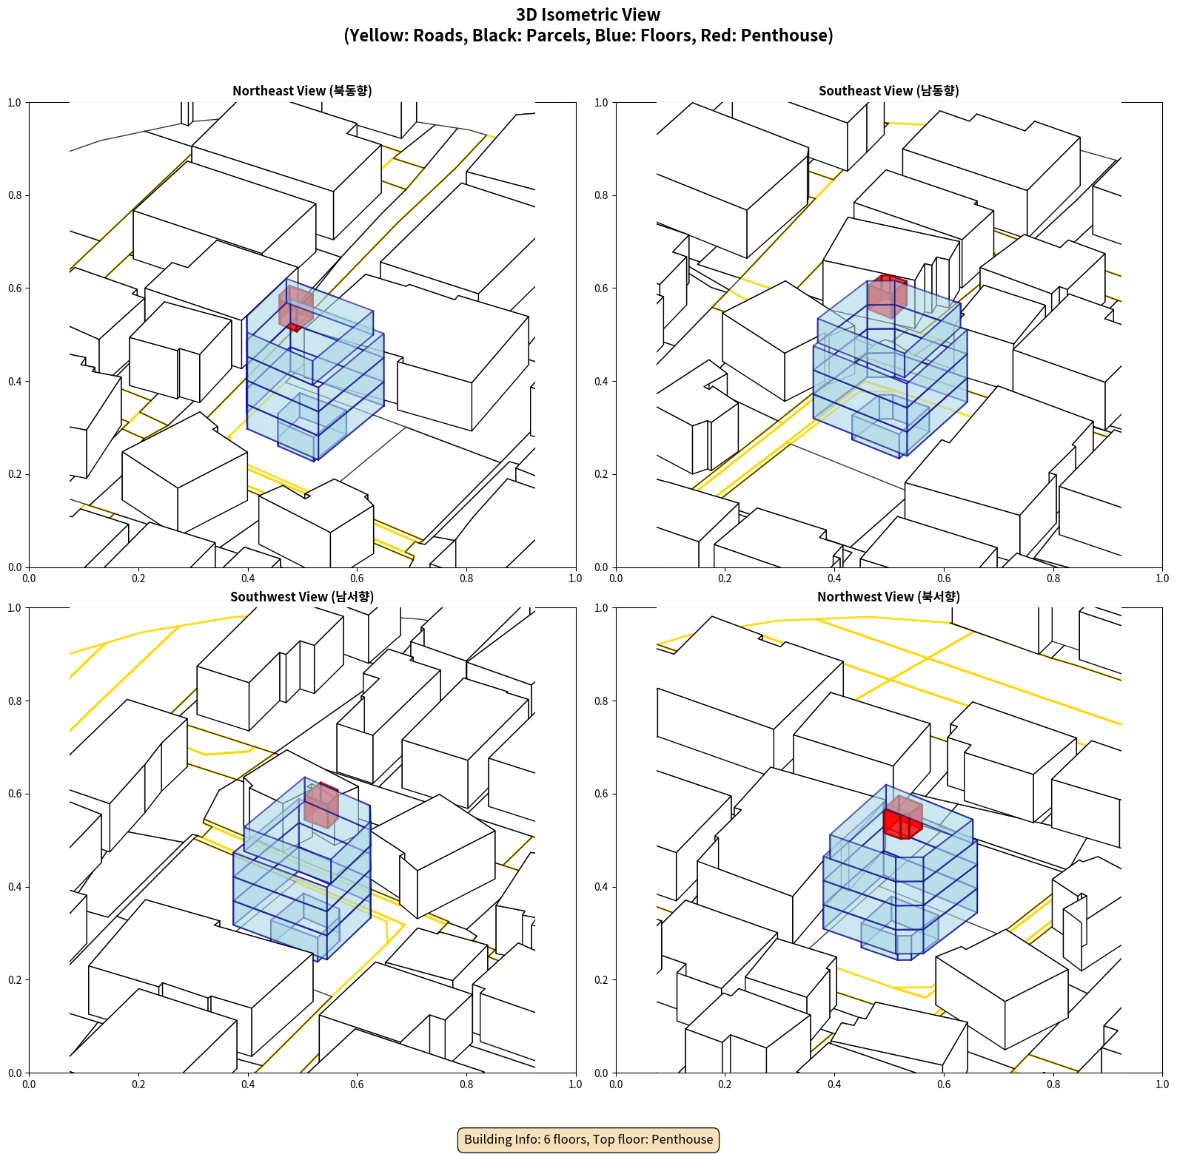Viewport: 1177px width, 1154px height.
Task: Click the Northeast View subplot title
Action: (x=302, y=91)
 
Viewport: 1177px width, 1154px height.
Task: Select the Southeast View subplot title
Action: (x=888, y=91)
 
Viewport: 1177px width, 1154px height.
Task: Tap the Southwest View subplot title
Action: (x=302, y=597)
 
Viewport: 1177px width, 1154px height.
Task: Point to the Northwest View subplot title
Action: (x=888, y=597)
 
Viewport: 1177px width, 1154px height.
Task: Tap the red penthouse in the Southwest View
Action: (x=322, y=804)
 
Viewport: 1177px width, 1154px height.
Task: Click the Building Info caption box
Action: (x=588, y=1139)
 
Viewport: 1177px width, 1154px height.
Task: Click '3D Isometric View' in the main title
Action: (x=588, y=15)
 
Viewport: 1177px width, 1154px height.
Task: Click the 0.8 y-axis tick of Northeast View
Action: (x=15, y=195)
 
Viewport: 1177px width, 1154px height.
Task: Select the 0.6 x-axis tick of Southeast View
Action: (x=944, y=578)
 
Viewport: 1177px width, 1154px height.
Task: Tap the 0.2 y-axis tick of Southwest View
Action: (x=15, y=980)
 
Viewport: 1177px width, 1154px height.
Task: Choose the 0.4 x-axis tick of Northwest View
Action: (x=834, y=1084)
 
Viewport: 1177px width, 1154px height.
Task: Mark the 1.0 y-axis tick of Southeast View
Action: (x=601, y=103)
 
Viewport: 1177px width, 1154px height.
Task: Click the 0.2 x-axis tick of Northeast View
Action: (x=138, y=578)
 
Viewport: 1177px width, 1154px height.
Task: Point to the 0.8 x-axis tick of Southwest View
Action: (x=466, y=1084)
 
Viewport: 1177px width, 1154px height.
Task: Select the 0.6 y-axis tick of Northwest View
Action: (x=601, y=794)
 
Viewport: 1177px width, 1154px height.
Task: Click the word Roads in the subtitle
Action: (x=437, y=36)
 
